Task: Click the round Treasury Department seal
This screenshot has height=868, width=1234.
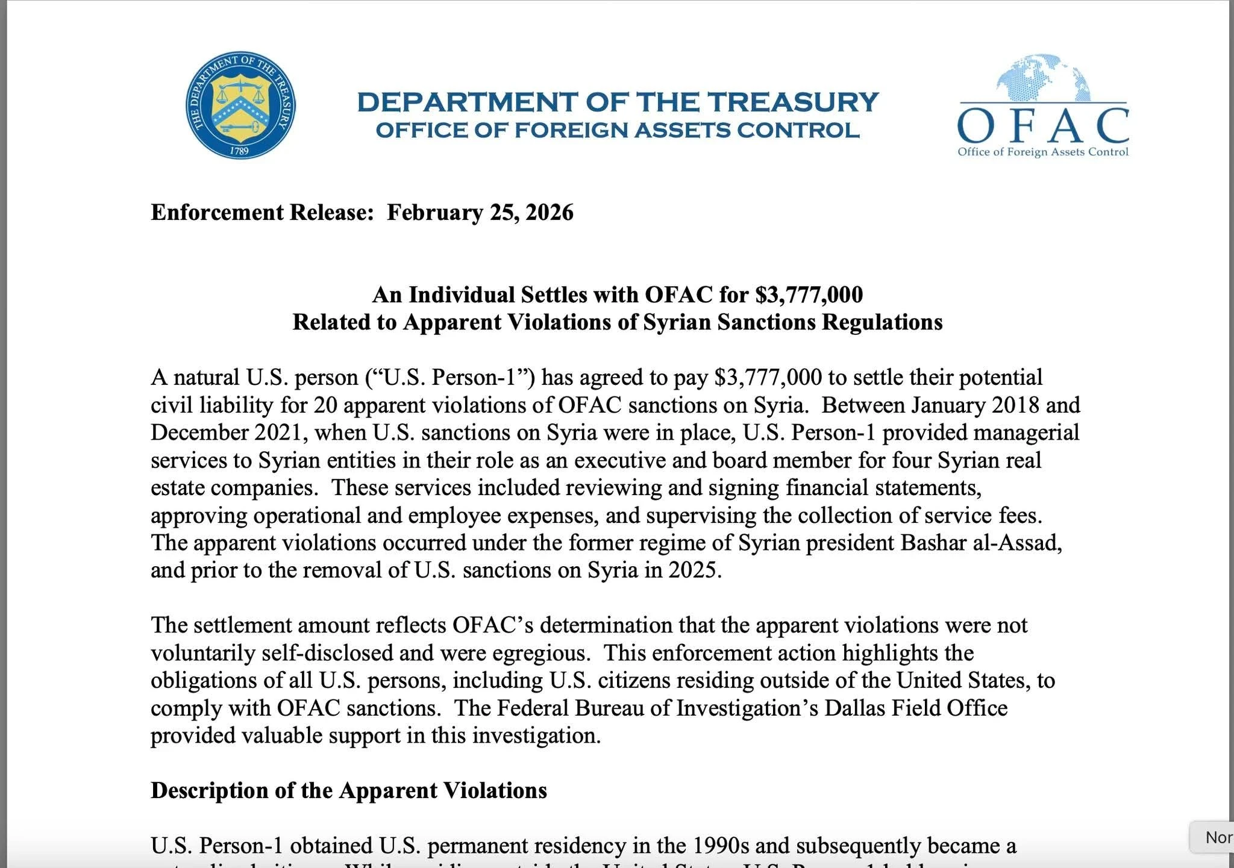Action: pyautogui.click(x=240, y=105)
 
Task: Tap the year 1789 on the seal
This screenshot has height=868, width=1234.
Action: pyautogui.click(x=240, y=151)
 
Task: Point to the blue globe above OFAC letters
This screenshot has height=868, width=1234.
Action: pyautogui.click(x=1044, y=78)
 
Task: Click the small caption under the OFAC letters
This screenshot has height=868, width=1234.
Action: pyautogui.click(x=1043, y=152)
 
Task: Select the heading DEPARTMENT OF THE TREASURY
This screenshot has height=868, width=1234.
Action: pyautogui.click(x=618, y=102)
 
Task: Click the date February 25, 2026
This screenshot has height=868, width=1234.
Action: pyautogui.click(x=480, y=213)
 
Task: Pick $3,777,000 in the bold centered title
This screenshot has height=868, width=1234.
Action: pyautogui.click(x=809, y=295)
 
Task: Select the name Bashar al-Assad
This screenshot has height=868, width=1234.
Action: pyautogui.click(x=980, y=543)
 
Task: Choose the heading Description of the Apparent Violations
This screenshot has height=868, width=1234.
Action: pyautogui.click(x=349, y=790)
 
